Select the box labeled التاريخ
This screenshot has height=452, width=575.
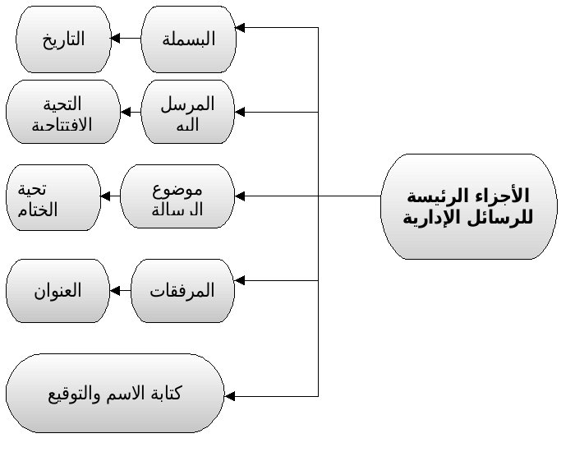coord(64,39)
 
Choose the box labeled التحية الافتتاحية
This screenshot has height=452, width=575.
coord(62,113)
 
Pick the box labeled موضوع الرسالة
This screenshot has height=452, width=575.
coord(177,197)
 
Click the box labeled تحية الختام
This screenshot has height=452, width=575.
coord(53,197)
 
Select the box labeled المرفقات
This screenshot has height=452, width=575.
coord(182,290)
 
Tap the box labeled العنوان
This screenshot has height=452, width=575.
coord(57,290)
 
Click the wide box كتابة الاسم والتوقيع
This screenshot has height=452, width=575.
coord(115,393)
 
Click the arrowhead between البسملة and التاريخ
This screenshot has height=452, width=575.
coord(117,39)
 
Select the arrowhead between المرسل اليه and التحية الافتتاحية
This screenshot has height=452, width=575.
coord(127,113)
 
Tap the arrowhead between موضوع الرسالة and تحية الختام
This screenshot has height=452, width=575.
coord(106,196)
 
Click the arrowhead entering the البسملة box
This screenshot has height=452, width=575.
coord(241,28)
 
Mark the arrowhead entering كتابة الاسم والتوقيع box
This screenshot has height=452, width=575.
coord(230,396)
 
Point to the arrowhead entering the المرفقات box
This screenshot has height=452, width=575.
coord(241,280)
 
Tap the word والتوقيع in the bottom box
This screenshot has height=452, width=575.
coord(75,393)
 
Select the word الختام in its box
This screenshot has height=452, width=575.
coord(36,209)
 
